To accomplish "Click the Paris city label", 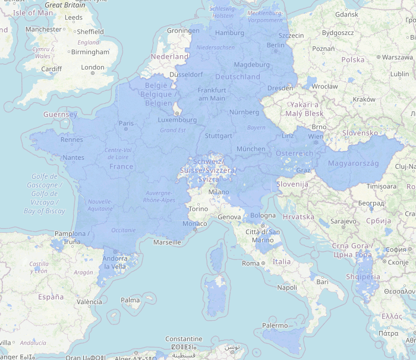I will (x=126, y=124).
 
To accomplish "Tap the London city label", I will (x=92, y=68).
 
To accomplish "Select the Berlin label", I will (x=276, y=45).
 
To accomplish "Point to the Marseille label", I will (x=166, y=242).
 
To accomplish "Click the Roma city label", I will (x=251, y=263).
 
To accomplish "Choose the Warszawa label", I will (x=398, y=58).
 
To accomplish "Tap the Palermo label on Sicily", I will (x=275, y=326).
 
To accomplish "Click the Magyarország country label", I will (x=353, y=163).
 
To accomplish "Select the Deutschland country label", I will (x=238, y=77).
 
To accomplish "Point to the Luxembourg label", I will (x=177, y=119).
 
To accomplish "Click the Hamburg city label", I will (x=229, y=33).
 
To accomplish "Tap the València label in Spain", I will (x=89, y=302).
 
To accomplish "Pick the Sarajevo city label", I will (x=343, y=221).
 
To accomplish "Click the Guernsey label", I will (x=60, y=114).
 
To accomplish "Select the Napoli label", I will (x=287, y=288).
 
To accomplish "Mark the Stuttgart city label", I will (x=218, y=136).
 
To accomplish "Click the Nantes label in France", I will (x=73, y=157).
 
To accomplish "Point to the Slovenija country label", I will (x=292, y=185).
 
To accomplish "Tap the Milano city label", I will (x=218, y=192).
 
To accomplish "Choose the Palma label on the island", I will (x=130, y=300).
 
